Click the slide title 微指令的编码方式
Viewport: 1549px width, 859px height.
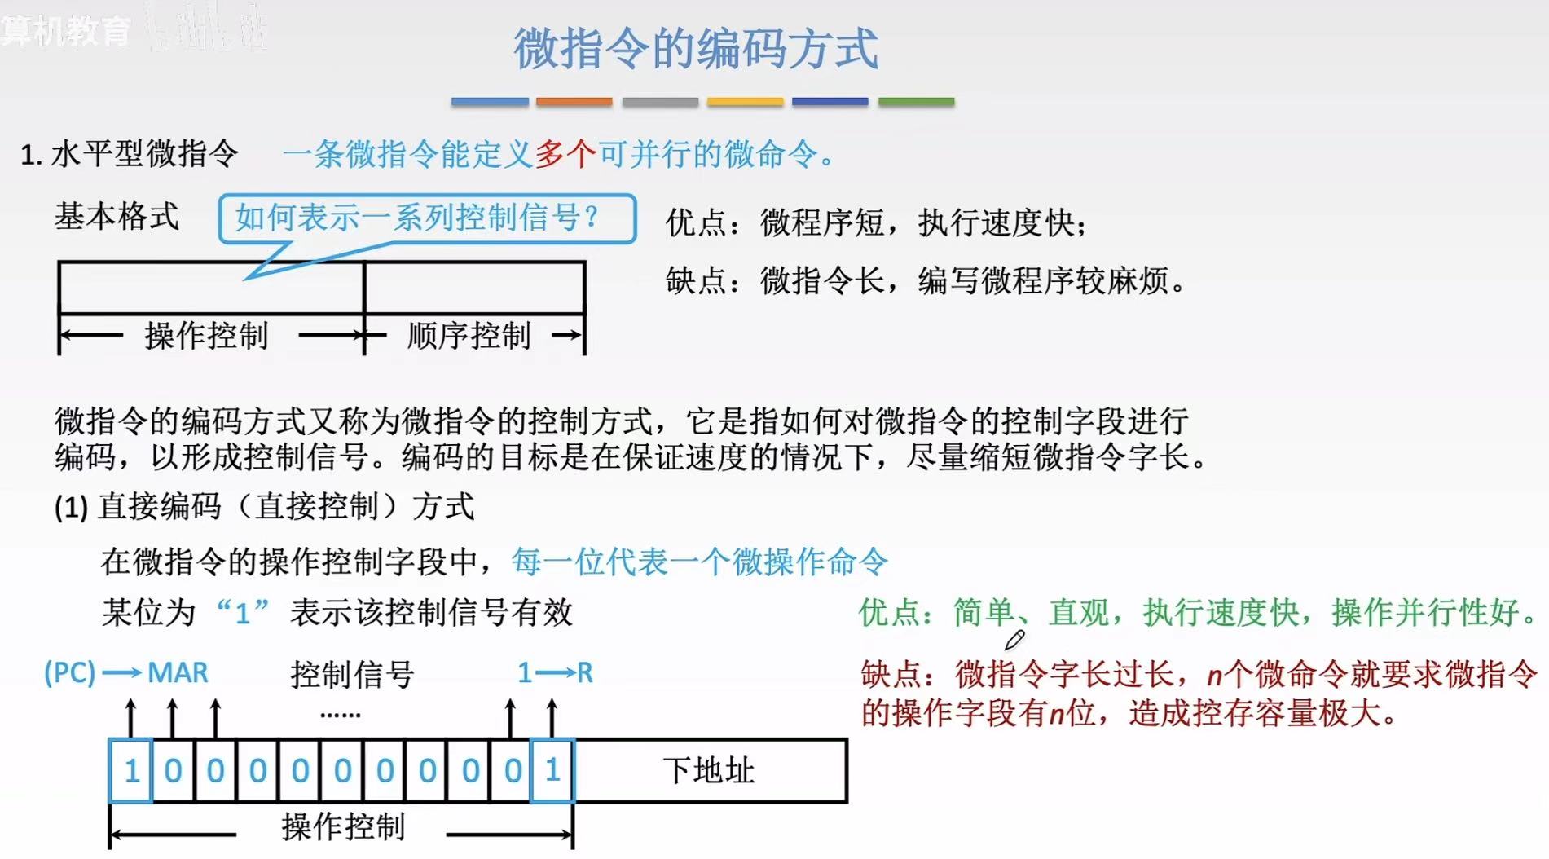pos(696,49)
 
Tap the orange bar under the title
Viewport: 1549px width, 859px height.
pos(574,102)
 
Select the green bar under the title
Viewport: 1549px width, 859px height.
pos(916,102)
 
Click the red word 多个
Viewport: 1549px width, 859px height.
pos(565,153)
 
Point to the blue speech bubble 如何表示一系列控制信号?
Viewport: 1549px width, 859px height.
pos(427,218)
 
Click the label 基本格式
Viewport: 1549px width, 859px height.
pos(117,217)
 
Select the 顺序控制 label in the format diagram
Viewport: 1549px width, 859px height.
pos(469,335)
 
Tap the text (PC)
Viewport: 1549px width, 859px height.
pos(69,673)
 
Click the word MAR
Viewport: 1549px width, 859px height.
pos(178,673)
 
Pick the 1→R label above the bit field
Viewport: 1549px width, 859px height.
pos(555,673)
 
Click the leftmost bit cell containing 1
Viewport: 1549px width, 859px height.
pos(130,770)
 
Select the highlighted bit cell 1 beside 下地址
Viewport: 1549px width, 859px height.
pos(552,770)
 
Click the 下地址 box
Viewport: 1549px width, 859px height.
pos(709,770)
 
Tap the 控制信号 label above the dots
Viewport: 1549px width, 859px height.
pos(352,675)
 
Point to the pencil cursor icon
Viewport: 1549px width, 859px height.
pos(1014,641)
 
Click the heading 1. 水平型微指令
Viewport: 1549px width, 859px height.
pos(130,153)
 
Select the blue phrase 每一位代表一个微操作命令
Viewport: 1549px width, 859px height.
pos(699,562)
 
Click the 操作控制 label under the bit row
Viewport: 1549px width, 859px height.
pos(343,827)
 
